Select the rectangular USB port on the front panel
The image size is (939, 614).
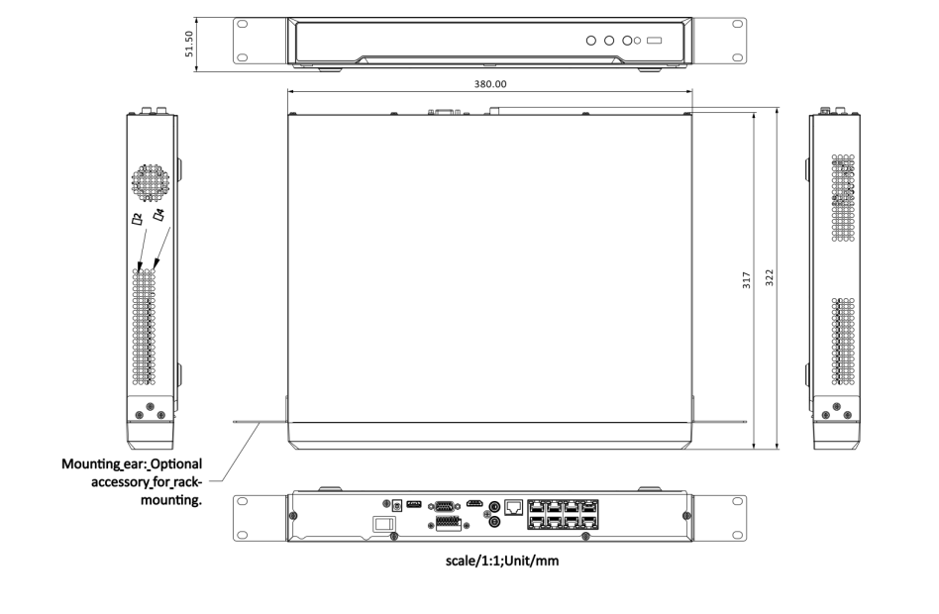click(x=653, y=42)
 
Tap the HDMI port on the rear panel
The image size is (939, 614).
click(x=475, y=504)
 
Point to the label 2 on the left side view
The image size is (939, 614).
click(x=138, y=221)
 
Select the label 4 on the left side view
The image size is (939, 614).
click(x=157, y=215)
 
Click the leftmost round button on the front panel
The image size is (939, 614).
click(x=591, y=42)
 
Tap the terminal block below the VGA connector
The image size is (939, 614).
click(x=446, y=522)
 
